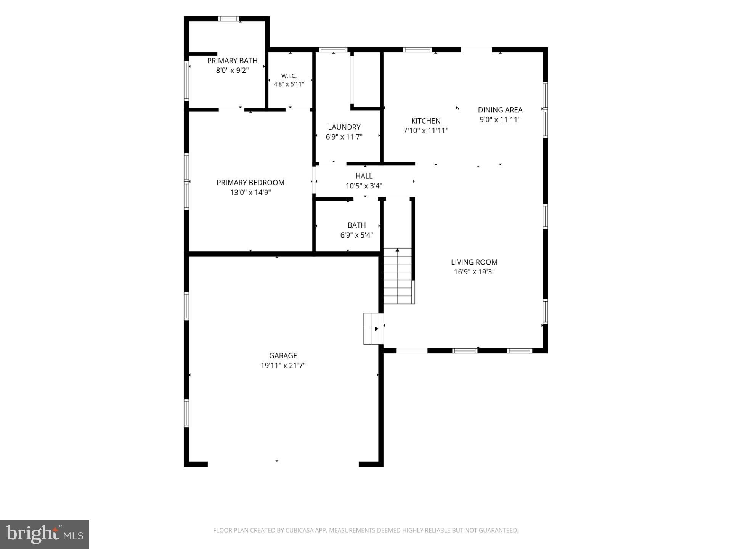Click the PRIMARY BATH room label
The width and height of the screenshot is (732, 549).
point(232,61)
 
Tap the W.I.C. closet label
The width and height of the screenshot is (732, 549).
point(289,76)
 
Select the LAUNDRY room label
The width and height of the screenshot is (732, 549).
point(344,127)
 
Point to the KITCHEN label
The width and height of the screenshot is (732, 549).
point(426,121)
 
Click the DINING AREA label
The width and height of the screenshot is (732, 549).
point(500,110)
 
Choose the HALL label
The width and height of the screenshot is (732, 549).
point(364,176)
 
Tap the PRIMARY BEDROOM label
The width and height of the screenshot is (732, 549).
point(250,183)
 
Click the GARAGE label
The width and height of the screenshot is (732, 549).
point(283,356)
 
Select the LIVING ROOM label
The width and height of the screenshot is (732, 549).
point(474,262)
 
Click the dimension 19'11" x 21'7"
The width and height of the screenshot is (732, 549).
point(283,366)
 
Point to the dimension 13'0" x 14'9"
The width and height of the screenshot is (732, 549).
point(250,193)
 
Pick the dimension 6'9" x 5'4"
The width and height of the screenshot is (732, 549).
point(356,235)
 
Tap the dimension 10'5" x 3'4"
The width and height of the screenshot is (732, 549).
point(364,186)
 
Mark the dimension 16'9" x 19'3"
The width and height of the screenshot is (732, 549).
point(474,272)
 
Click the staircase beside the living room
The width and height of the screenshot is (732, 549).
point(398,276)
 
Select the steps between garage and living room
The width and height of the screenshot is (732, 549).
point(373,329)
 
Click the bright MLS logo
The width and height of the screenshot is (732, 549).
point(45,534)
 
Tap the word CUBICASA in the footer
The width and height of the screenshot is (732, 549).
point(302,530)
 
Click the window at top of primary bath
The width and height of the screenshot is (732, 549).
point(229,19)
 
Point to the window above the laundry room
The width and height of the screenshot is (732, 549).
point(333,50)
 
